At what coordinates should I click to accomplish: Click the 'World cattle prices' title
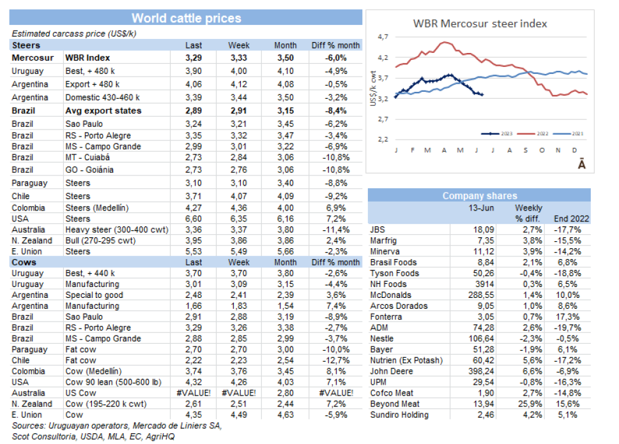187,18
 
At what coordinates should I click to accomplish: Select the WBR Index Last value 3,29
194,57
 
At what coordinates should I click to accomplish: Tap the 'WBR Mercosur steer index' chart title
480,24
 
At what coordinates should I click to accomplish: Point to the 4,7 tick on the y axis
383,37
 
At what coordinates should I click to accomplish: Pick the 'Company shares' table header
480,196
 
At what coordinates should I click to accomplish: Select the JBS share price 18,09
481,230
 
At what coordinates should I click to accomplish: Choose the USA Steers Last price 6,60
194,219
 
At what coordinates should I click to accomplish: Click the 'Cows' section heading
24,262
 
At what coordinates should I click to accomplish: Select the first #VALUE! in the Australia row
194,393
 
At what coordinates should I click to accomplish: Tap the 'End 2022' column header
572,218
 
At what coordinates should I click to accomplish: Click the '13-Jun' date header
482,208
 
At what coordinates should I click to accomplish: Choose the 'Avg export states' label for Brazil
103,110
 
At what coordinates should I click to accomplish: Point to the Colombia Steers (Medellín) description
97,207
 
